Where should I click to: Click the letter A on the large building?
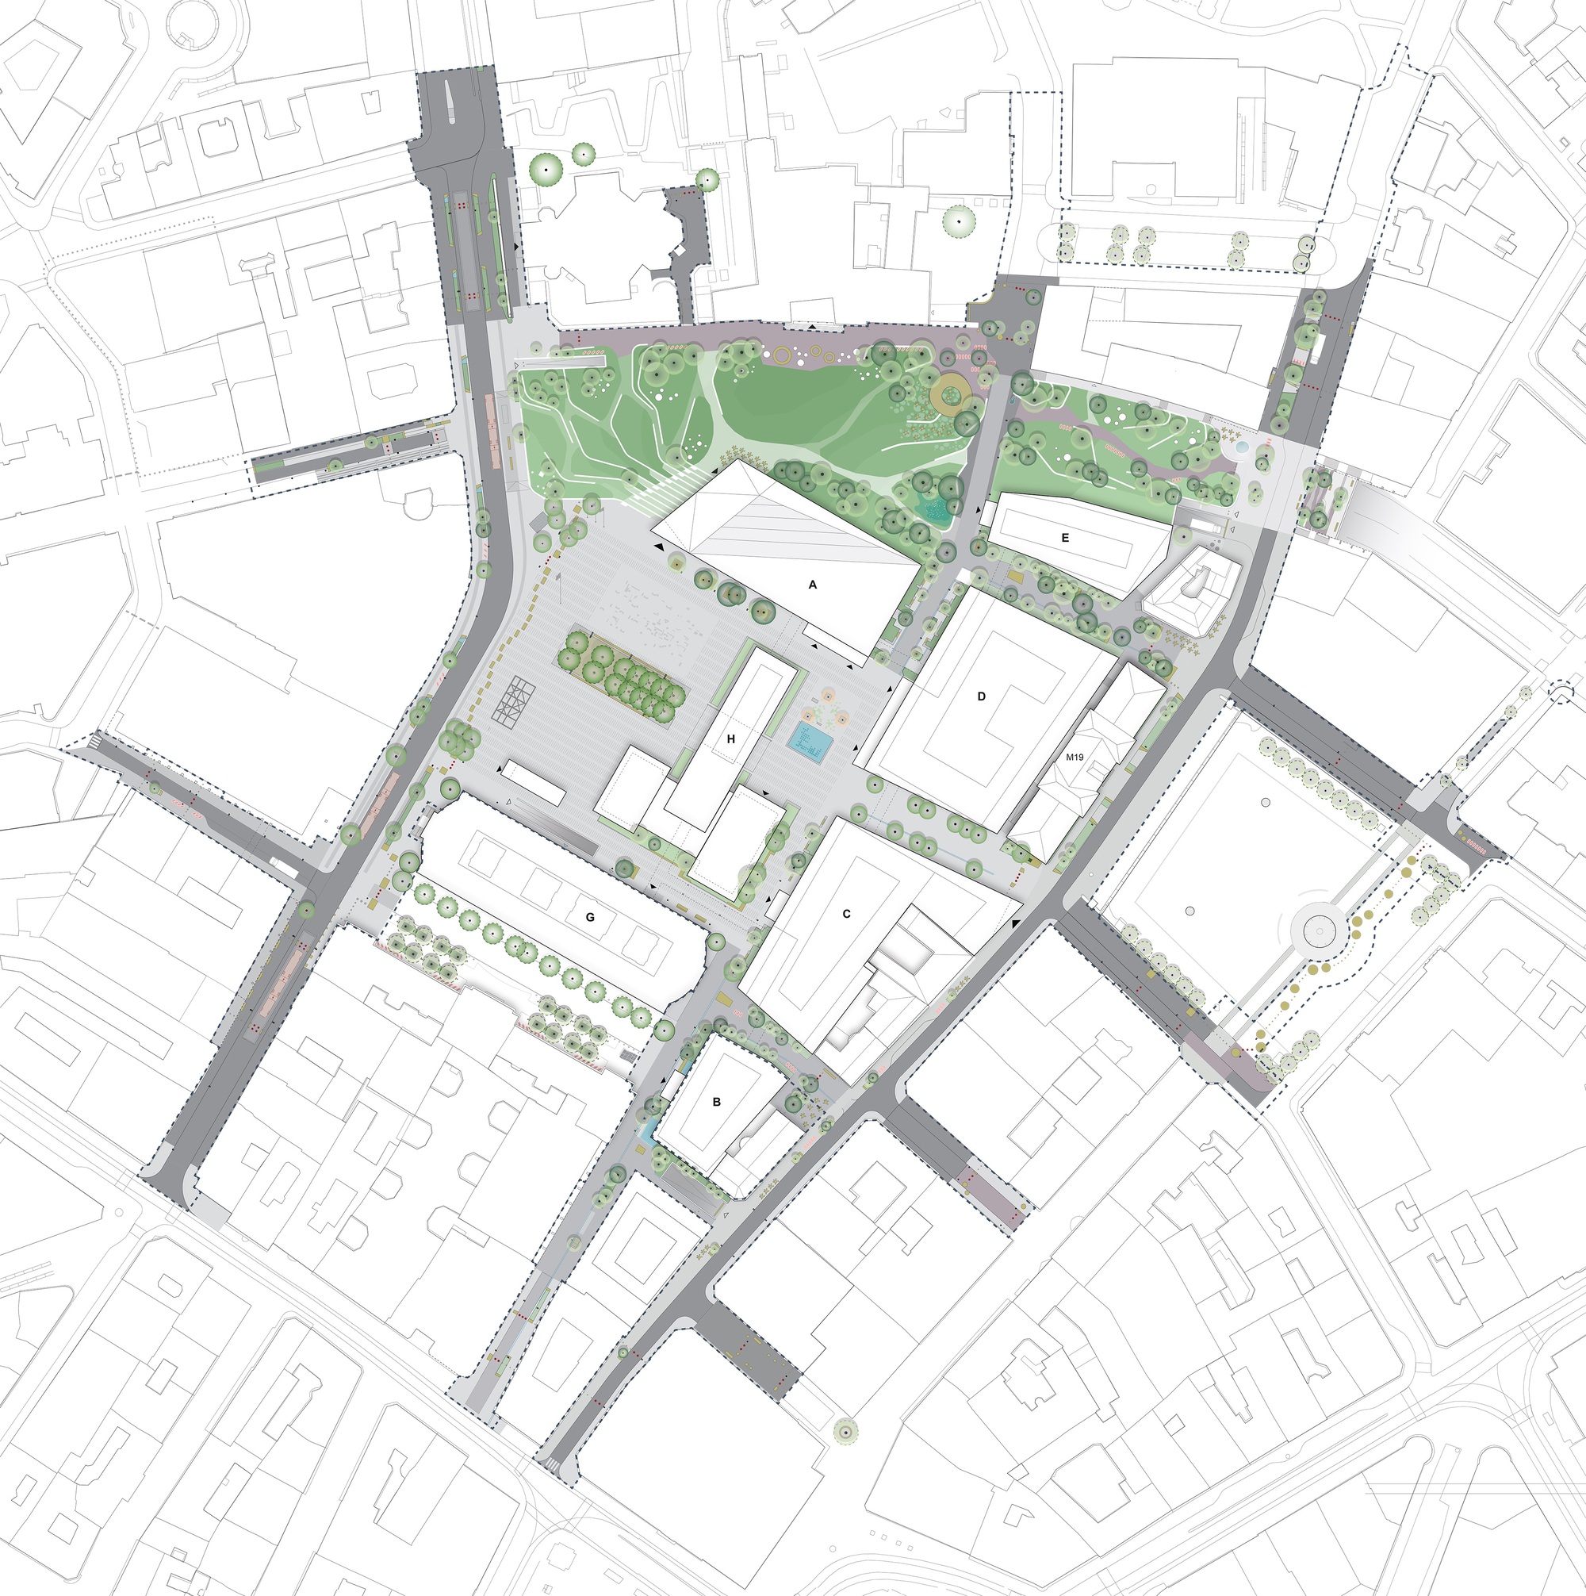click(x=813, y=585)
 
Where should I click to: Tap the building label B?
click(x=717, y=1101)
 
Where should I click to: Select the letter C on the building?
click(x=847, y=914)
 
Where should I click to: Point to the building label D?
click(x=983, y=696)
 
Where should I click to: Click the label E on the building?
click(x=1066, y=538)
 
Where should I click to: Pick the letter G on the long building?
click(x=590, y=916)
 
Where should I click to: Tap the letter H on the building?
click(x=731, y=739)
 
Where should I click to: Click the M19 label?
click(x=1075, y=757)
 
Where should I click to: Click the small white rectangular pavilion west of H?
click(x=534, y=782)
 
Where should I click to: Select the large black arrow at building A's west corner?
click(x=658, y=547)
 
